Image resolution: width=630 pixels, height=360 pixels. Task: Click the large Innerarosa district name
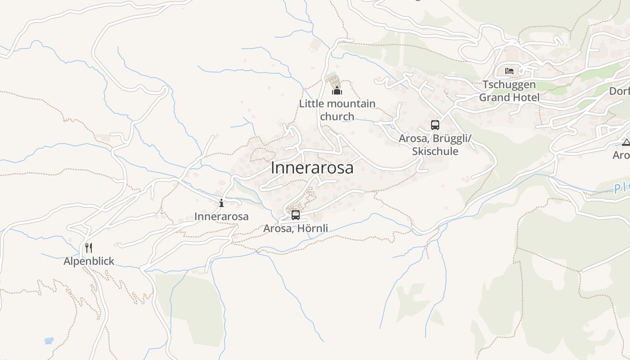[x=312, y=168]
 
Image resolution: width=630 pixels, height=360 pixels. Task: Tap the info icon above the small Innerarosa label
[x=221, y=203]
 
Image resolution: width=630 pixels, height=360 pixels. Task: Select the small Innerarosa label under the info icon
[x=221, y=216]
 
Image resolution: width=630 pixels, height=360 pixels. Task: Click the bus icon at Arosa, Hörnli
[x=295, y=215]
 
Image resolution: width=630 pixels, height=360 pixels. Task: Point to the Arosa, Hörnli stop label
[x=295, y=229]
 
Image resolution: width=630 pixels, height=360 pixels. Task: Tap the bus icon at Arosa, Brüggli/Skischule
[x=435, y=125]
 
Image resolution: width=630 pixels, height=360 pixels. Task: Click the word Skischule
[x=435, y=151]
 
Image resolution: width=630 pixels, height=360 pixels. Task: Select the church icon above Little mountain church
[x=337, y=91]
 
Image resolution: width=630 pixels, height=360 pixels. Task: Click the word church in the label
[x=337, y=117]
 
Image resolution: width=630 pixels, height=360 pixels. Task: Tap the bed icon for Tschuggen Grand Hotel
[x=509, y=71]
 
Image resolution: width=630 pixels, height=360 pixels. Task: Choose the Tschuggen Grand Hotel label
[x=509, y=91]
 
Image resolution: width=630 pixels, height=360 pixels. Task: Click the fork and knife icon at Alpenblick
[x=89, y=247]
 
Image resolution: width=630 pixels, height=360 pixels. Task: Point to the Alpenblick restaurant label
[x=89, y=261]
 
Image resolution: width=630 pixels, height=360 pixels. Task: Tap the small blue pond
[x=49, y=341]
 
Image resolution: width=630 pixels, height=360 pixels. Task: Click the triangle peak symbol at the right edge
[x=625, y=143]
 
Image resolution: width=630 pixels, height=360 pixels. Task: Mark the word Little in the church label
[x=310, y=104]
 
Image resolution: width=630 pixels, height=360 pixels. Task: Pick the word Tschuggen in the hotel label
[x=509, y=85]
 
